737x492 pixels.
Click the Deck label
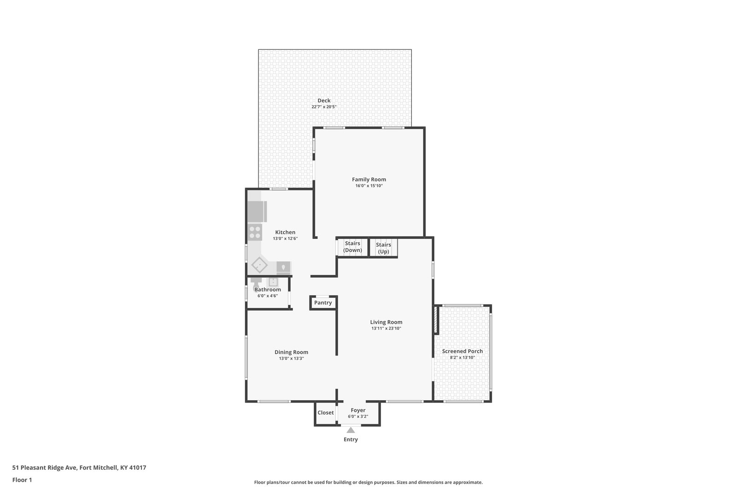tap(324, 101)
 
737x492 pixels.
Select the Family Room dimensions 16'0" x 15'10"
tap(369, 186)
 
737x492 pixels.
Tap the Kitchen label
tap(285, 232)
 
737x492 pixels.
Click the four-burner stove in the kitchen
tap(255, 232)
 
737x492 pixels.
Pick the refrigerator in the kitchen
tap(257, 212)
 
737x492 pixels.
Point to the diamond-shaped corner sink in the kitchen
tap(259, 265)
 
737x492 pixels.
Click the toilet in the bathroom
tap(256, 283)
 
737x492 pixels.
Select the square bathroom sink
tap(273, 282)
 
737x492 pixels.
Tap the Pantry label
tap(323, 302)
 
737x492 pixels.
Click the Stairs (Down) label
tap(352, 247)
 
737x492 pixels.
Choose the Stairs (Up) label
tap(383, 248)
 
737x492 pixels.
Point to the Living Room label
tap(386, 322)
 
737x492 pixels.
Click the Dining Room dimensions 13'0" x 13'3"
tap(291, 358)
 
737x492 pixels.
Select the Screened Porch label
tap(462, 351)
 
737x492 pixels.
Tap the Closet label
tap(325, 413)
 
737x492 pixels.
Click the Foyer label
tap(358, 410)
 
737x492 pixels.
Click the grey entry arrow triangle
tap(351, 430)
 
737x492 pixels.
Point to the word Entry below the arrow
tap(351, 439)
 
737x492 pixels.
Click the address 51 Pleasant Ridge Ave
tap(44, 468)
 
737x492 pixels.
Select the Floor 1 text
tap(22, 480)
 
